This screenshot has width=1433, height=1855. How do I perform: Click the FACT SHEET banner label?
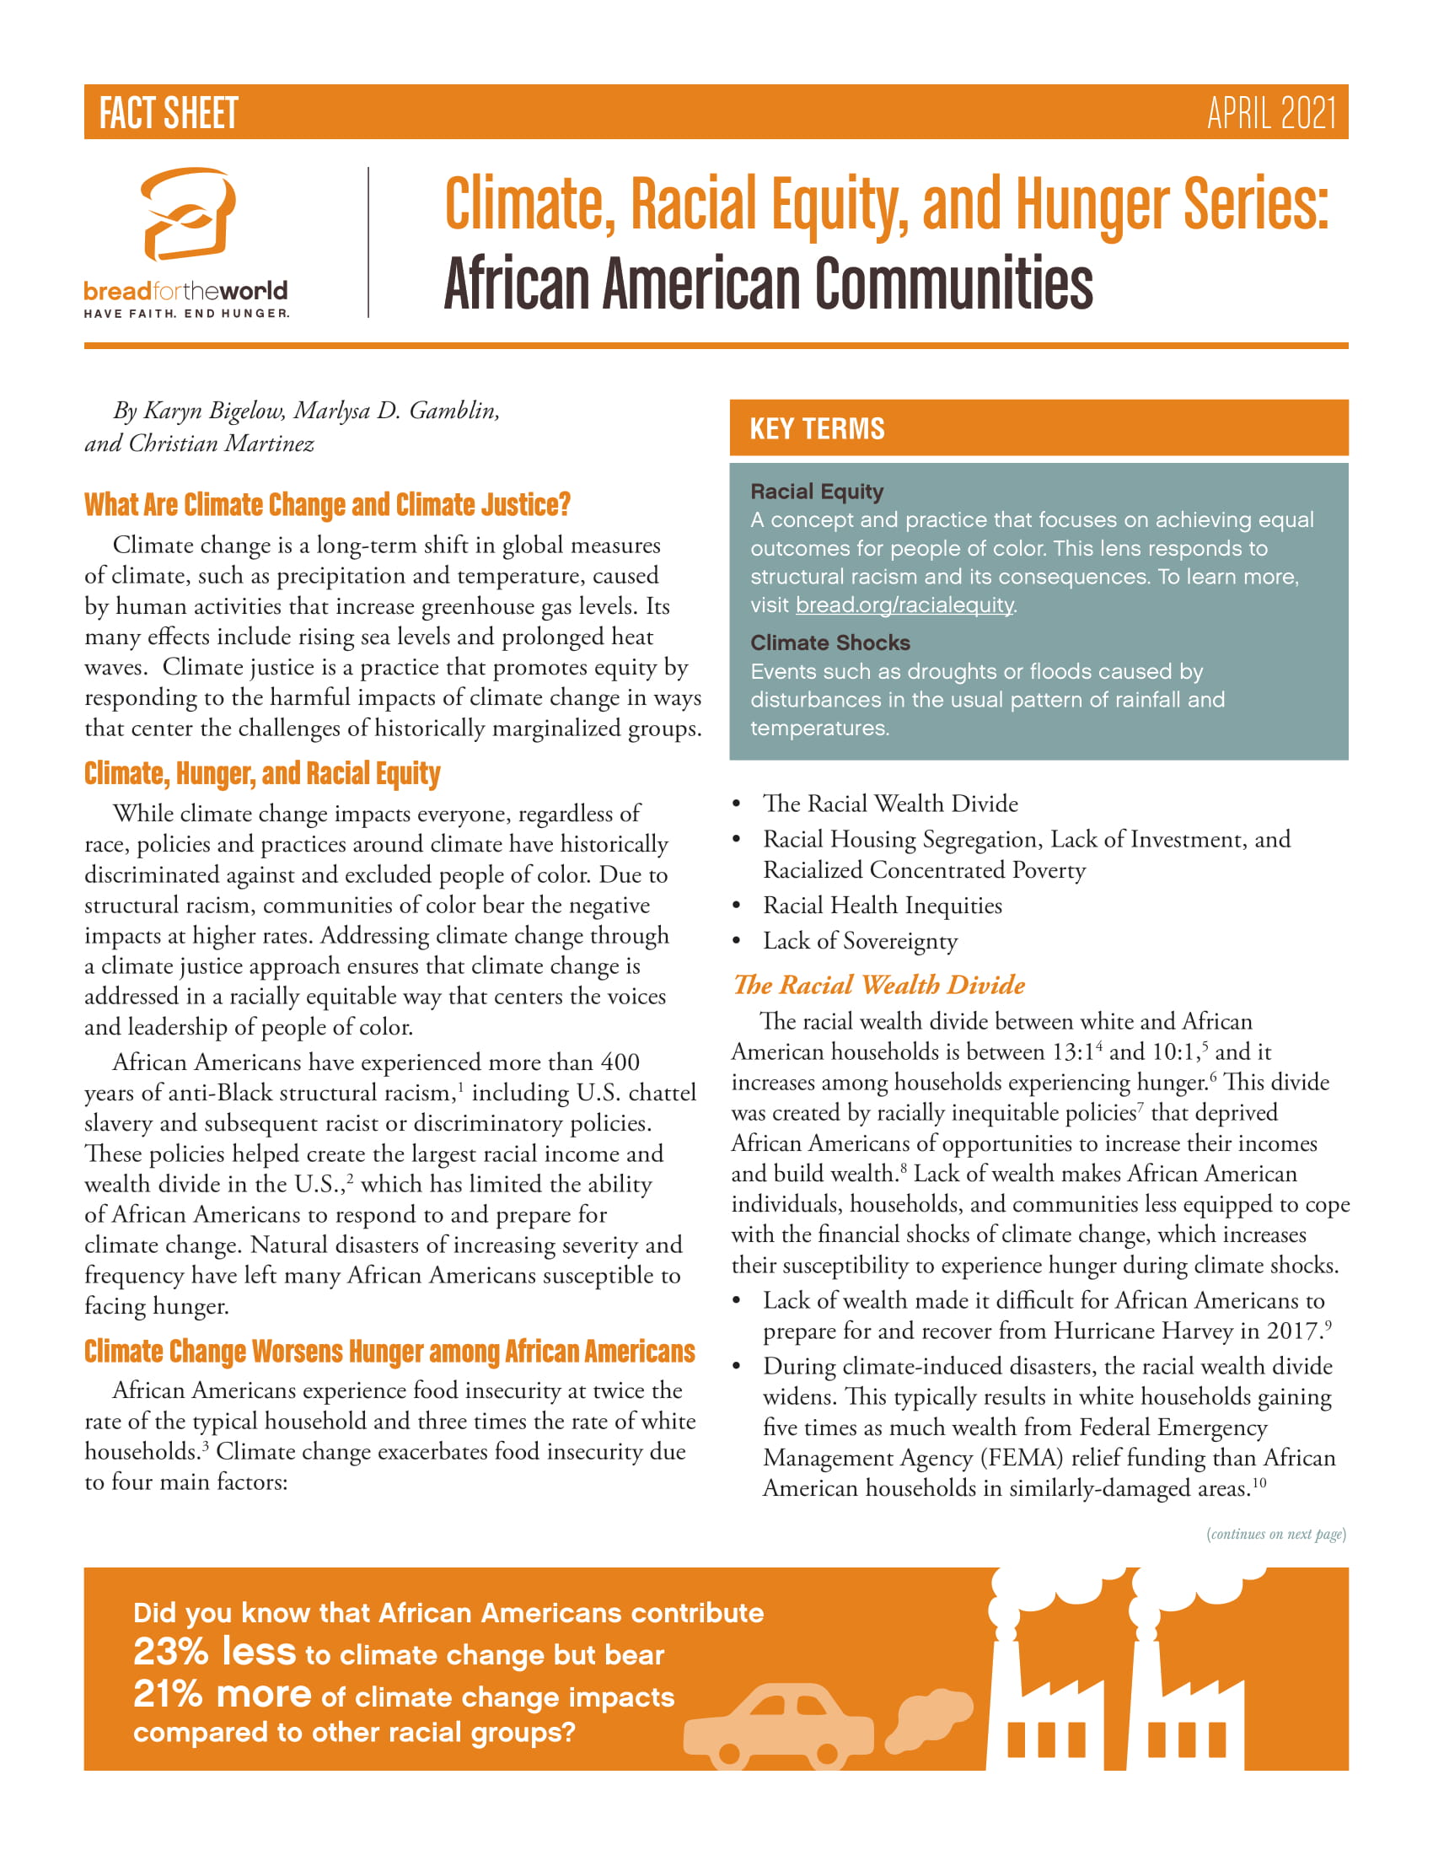pos(168,113)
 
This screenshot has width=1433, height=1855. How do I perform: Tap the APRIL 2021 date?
pos(1271,113)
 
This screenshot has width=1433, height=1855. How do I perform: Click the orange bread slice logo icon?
pos(188,214)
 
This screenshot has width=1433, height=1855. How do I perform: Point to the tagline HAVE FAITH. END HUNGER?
pos(186,314)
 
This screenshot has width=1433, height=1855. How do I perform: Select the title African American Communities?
pos(767,283)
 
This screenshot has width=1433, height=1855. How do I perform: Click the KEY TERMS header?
pos(817,429)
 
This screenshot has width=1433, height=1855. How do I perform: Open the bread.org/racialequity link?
pos(904,605)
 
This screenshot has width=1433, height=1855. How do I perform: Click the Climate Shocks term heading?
pos(829,643)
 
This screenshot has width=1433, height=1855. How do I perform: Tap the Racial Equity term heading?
pos(817,492)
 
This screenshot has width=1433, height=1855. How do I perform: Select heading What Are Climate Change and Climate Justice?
pos(327,504)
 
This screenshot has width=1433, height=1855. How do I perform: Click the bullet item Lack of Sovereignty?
pos(859,941)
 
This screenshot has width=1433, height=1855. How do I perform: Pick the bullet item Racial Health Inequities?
pos(882,906)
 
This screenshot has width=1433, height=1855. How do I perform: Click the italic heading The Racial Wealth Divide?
pos(878,984)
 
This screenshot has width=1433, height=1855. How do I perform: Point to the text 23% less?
pos(215,1652)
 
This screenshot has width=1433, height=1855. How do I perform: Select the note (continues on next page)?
pos(1276,1534)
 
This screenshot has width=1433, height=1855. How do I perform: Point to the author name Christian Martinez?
pos(221,444)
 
